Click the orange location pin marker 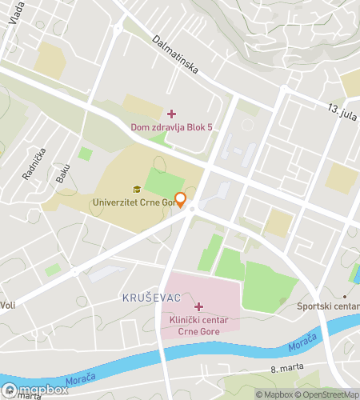click(181, 200)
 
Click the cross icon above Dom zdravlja click(171, 114)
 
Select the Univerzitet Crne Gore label click(134, 203)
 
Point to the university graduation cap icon click(137, 190)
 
